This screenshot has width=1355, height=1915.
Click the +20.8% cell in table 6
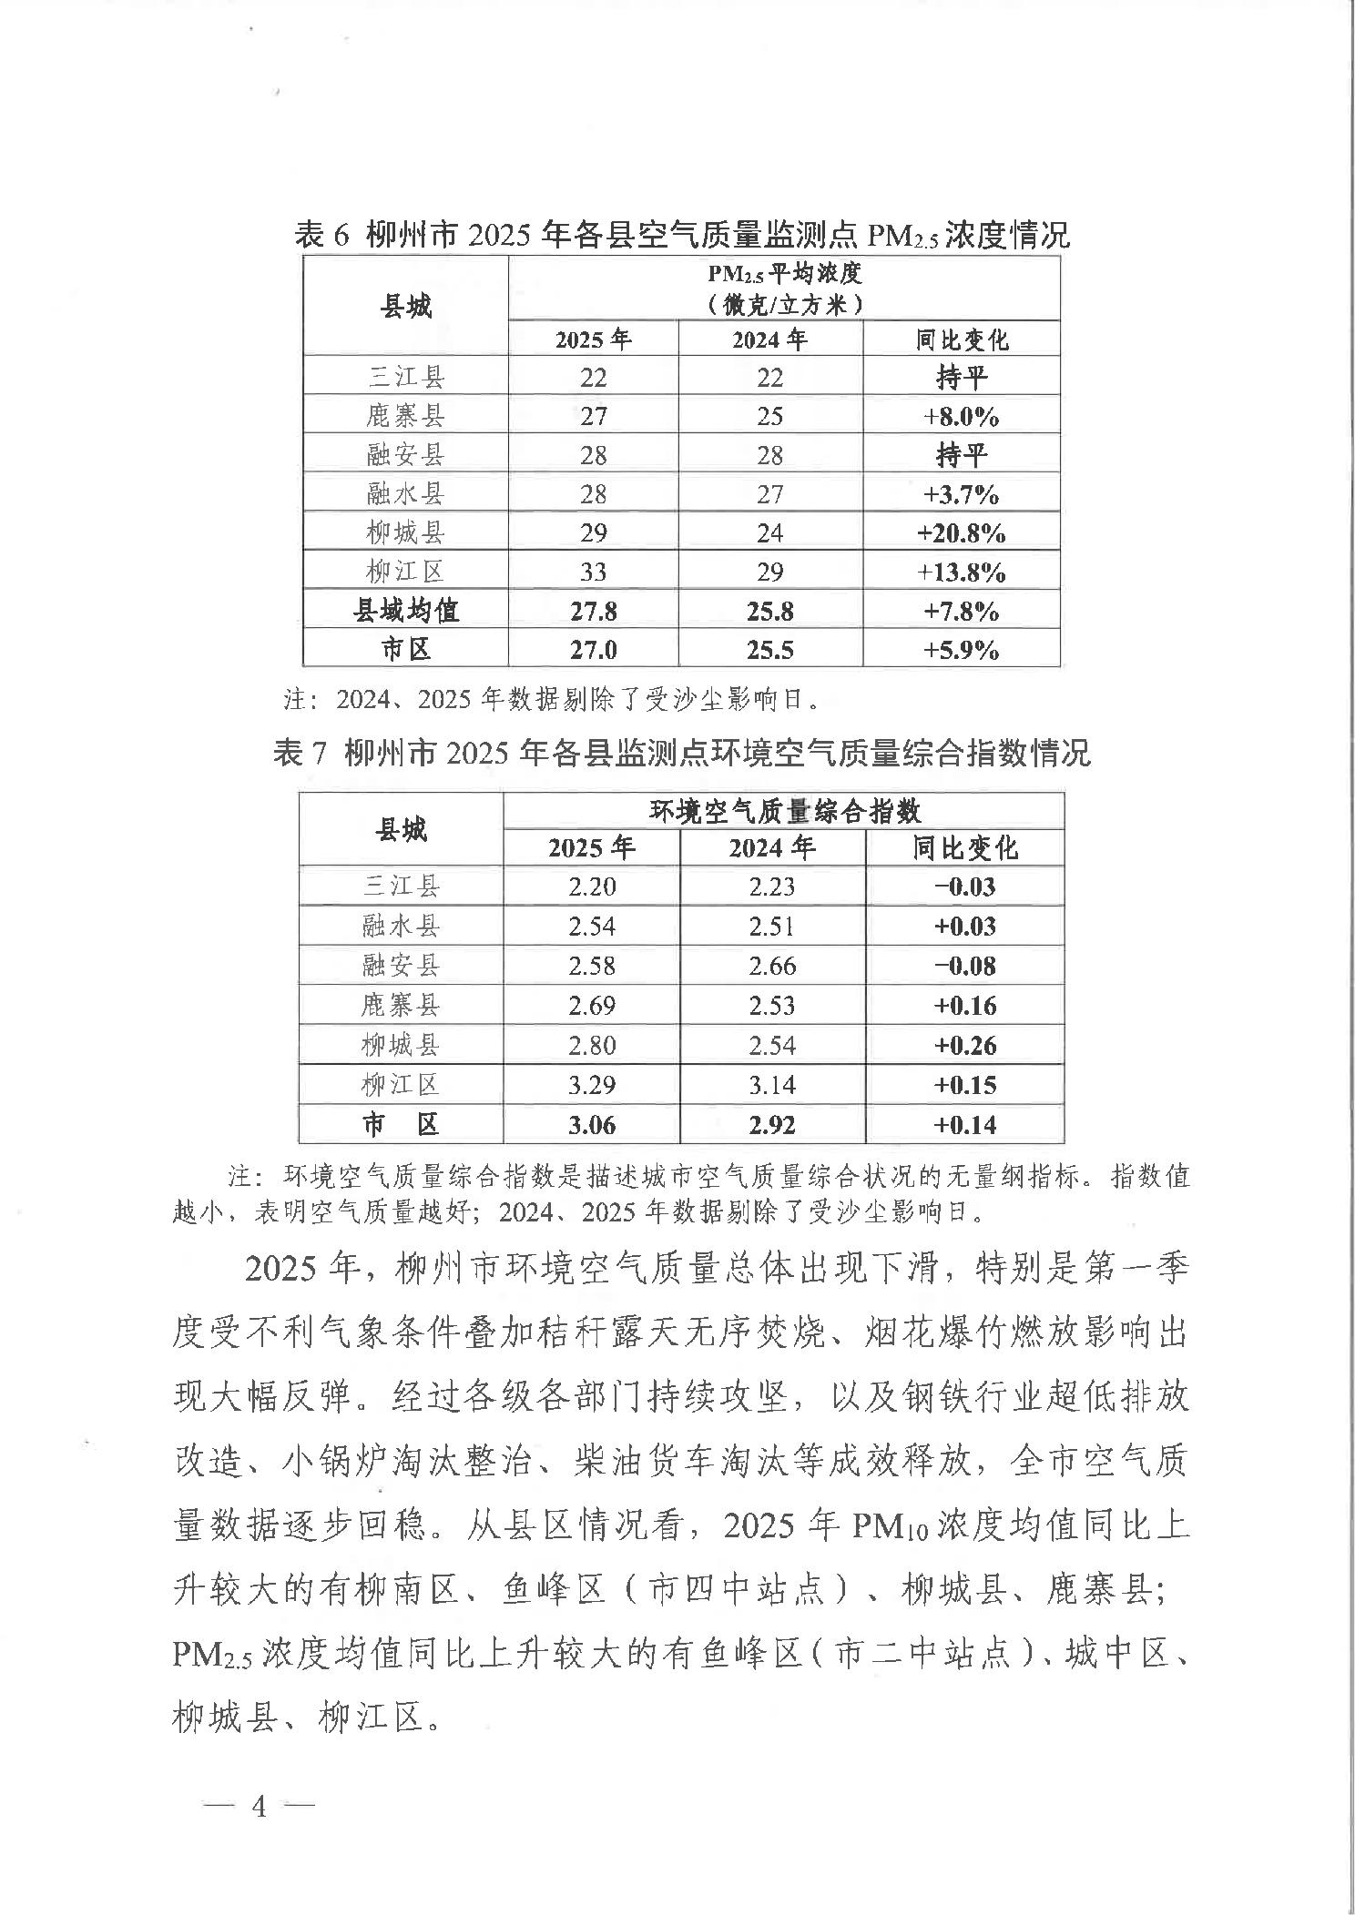tap(962, 532)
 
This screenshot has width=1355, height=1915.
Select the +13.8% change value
tap(962, 572)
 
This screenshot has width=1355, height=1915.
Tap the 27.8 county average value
tap(593, 611)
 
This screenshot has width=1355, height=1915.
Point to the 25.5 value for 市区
tap(769, 650)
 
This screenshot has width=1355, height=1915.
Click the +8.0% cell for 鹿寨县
tap(962, 416)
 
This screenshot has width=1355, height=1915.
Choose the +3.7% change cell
tap(962, 494)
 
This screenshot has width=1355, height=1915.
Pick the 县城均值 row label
tap(405, 611)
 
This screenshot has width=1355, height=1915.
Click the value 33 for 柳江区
tap(593, 572)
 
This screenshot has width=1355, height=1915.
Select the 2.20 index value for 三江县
tap(592, 886)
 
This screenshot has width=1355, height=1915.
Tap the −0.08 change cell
tap(965, 965)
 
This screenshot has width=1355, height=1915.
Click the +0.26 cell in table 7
tap(965, 1045)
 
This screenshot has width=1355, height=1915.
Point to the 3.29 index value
tap(592, 1085)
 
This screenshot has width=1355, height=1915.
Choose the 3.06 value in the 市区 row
tap(592, 1125)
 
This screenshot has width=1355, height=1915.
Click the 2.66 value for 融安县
tap(772, 965)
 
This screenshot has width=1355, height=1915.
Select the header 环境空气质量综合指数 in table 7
tap(784, 811)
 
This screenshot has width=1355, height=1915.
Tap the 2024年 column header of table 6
tap(769, 339)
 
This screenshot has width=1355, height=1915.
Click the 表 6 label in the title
tap(322, 236)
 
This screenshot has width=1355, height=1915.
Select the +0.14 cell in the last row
tap(965, 1125)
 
